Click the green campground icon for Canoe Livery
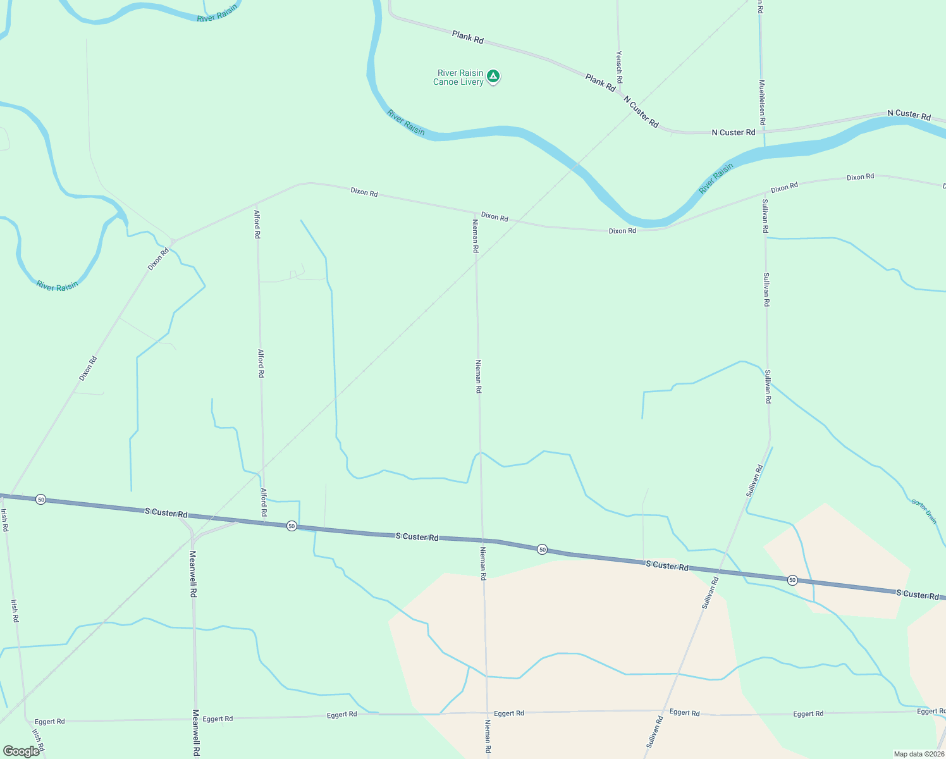coord(493,77)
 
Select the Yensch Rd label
coord(619,67)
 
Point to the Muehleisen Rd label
coord(763,101)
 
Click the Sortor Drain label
coord(924,511)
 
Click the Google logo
coord(21,751)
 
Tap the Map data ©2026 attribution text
coord(918,754)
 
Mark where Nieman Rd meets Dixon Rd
coord(475,213)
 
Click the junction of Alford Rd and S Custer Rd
coord(264,522)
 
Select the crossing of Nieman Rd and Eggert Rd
coord(487,713)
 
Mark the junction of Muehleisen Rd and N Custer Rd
coord(764,132)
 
